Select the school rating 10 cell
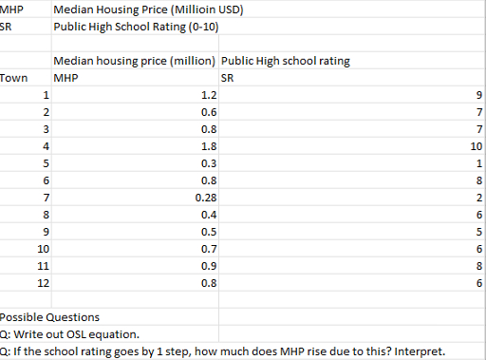click(x=476, y=146)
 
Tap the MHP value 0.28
click(x=205, y=197)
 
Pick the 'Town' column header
click(x=13, y=78)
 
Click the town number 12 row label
click(x=42, y=282)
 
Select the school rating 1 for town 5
click(x=479, y=163)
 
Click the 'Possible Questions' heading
click(x=49, y=316)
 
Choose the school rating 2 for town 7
click(x=479, y=197)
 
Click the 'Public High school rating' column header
click(x=285, y=61)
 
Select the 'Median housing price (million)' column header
click(x=135, y=61)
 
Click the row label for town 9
click(x=45, y=231)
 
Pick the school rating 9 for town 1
click(x=479, y=95)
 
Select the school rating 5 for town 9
click(x=479, y=231)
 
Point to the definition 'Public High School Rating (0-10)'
click(x=137, y=26)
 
